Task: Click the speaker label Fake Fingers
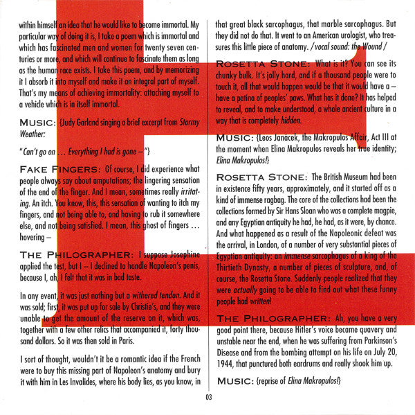click(57, 170)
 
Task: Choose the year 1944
click(228, 364)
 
